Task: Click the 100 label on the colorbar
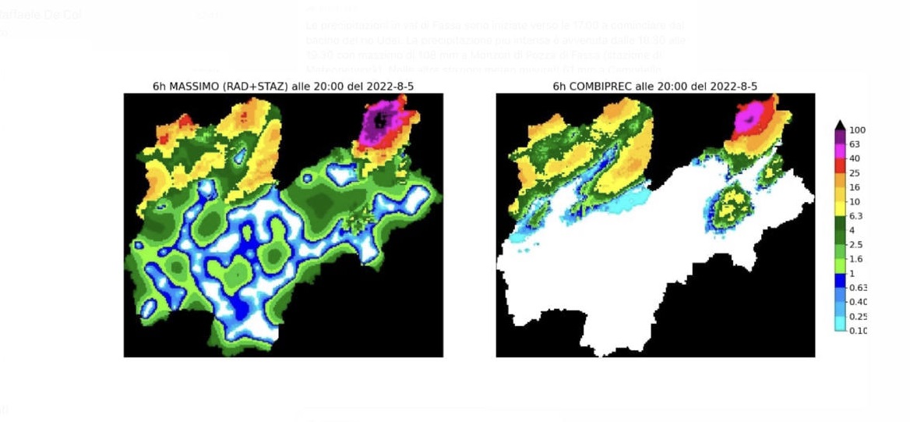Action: tap(858, 130)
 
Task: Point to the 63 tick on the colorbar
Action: tap(855, 144)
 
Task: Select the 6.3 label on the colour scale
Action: tap(855, 216)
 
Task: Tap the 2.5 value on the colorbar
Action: tap(855, 245)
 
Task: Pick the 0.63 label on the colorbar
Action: tap(858, 288)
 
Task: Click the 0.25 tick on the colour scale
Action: tap(858, 317)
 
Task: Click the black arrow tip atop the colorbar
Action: tap(840, 125)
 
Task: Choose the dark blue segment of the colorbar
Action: tap(840, 280)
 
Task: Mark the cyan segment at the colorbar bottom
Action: tap(840, 324)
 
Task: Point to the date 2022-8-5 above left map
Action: tap(390, 86)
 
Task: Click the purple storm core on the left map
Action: tap(379, 121)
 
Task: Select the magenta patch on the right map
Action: tap(750, 117)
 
